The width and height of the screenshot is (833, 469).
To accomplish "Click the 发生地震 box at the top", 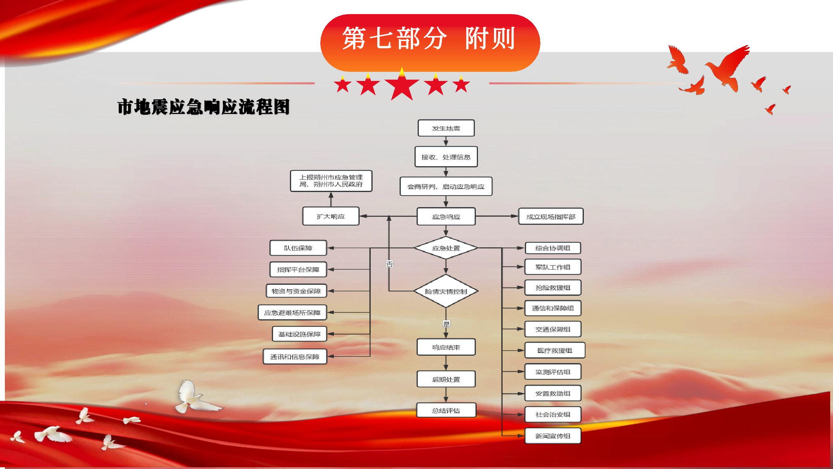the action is point(446,128).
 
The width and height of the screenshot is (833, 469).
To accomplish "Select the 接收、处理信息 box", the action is point(446,157).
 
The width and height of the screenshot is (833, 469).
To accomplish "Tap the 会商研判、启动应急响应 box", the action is point(446,187).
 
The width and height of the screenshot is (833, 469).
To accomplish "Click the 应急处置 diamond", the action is point(446,248).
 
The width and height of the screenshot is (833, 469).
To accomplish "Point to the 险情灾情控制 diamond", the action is point(446,291).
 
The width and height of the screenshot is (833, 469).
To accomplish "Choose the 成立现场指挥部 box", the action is point(551,216).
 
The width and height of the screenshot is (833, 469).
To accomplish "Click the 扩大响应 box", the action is point(331,216).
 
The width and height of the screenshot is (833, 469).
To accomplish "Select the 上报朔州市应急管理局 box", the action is point(331,181).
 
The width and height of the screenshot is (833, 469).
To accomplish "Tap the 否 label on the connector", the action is point(389,264).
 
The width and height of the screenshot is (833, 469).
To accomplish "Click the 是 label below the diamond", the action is point(446,324).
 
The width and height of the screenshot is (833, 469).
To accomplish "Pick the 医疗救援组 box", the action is point(555,350).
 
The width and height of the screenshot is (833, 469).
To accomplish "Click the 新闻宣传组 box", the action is point(553,436).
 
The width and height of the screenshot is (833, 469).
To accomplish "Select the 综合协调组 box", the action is point(553,248).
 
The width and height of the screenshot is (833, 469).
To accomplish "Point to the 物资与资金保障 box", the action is point(296,291).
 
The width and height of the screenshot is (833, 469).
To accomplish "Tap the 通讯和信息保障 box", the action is point(295,356).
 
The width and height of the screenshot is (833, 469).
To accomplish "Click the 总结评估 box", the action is point(446,410).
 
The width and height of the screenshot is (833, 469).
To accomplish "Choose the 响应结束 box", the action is point(446,347).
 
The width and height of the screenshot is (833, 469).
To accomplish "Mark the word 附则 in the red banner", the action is point(490,38).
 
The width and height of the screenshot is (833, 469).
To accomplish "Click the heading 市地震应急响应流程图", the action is point(204,107).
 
